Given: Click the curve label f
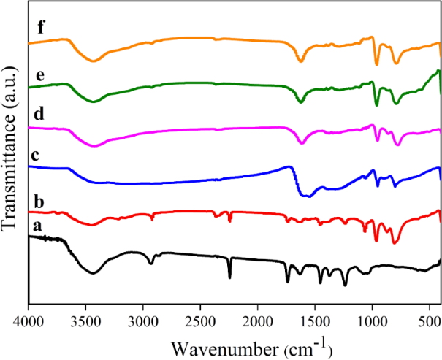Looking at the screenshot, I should pyautogui.click(x=42, y=29).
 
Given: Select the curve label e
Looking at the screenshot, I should pyautogui.click(x=41, y=75).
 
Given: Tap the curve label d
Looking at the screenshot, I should pyautogui.click(x=42, y=115).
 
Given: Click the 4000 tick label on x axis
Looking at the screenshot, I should pyautogui.click(x=28, y=319).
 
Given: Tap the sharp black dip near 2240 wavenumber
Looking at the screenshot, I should pyautogui.click(x=229, y=277).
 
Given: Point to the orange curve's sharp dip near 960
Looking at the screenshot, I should pyautogui.click(x=376, y=64).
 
